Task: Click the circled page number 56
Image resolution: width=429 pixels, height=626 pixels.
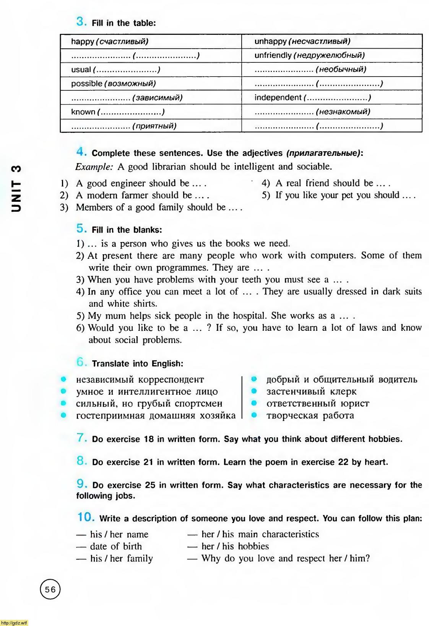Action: (x=50, y=589)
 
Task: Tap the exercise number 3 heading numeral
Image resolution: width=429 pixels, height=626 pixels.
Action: (x=81, y=21)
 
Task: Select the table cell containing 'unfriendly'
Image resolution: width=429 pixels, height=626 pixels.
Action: (x=331, y=55)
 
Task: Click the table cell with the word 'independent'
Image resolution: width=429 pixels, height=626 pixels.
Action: (x=331, y=98)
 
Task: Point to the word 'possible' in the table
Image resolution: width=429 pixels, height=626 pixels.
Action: (x=86, y=83)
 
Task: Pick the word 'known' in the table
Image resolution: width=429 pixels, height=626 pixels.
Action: (x=83, y=112)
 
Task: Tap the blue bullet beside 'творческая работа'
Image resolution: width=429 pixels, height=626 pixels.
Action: (x=253, y=415)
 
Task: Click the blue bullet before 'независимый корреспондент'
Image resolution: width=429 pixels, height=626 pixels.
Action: (x=63, y=379)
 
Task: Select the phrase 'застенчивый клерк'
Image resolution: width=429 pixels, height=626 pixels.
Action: (x=311, y=391)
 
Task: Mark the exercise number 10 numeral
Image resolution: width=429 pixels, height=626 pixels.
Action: (x=86, y=517)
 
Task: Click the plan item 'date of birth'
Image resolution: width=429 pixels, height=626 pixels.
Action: (x=115, y=546)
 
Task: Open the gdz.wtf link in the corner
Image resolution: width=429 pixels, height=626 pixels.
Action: (x=14, y=623)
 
